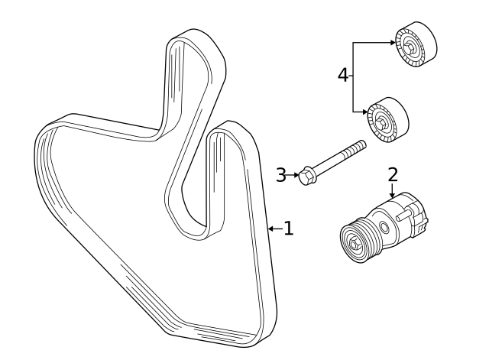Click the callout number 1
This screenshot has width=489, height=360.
point(288,228)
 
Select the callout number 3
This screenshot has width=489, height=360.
point(281,175)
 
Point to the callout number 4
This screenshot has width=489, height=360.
point(344,74)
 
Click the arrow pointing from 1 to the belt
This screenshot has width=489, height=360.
point(274,228)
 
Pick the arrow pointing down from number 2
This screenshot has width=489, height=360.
point(393,192)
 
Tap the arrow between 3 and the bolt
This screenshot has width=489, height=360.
point(294,175)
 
